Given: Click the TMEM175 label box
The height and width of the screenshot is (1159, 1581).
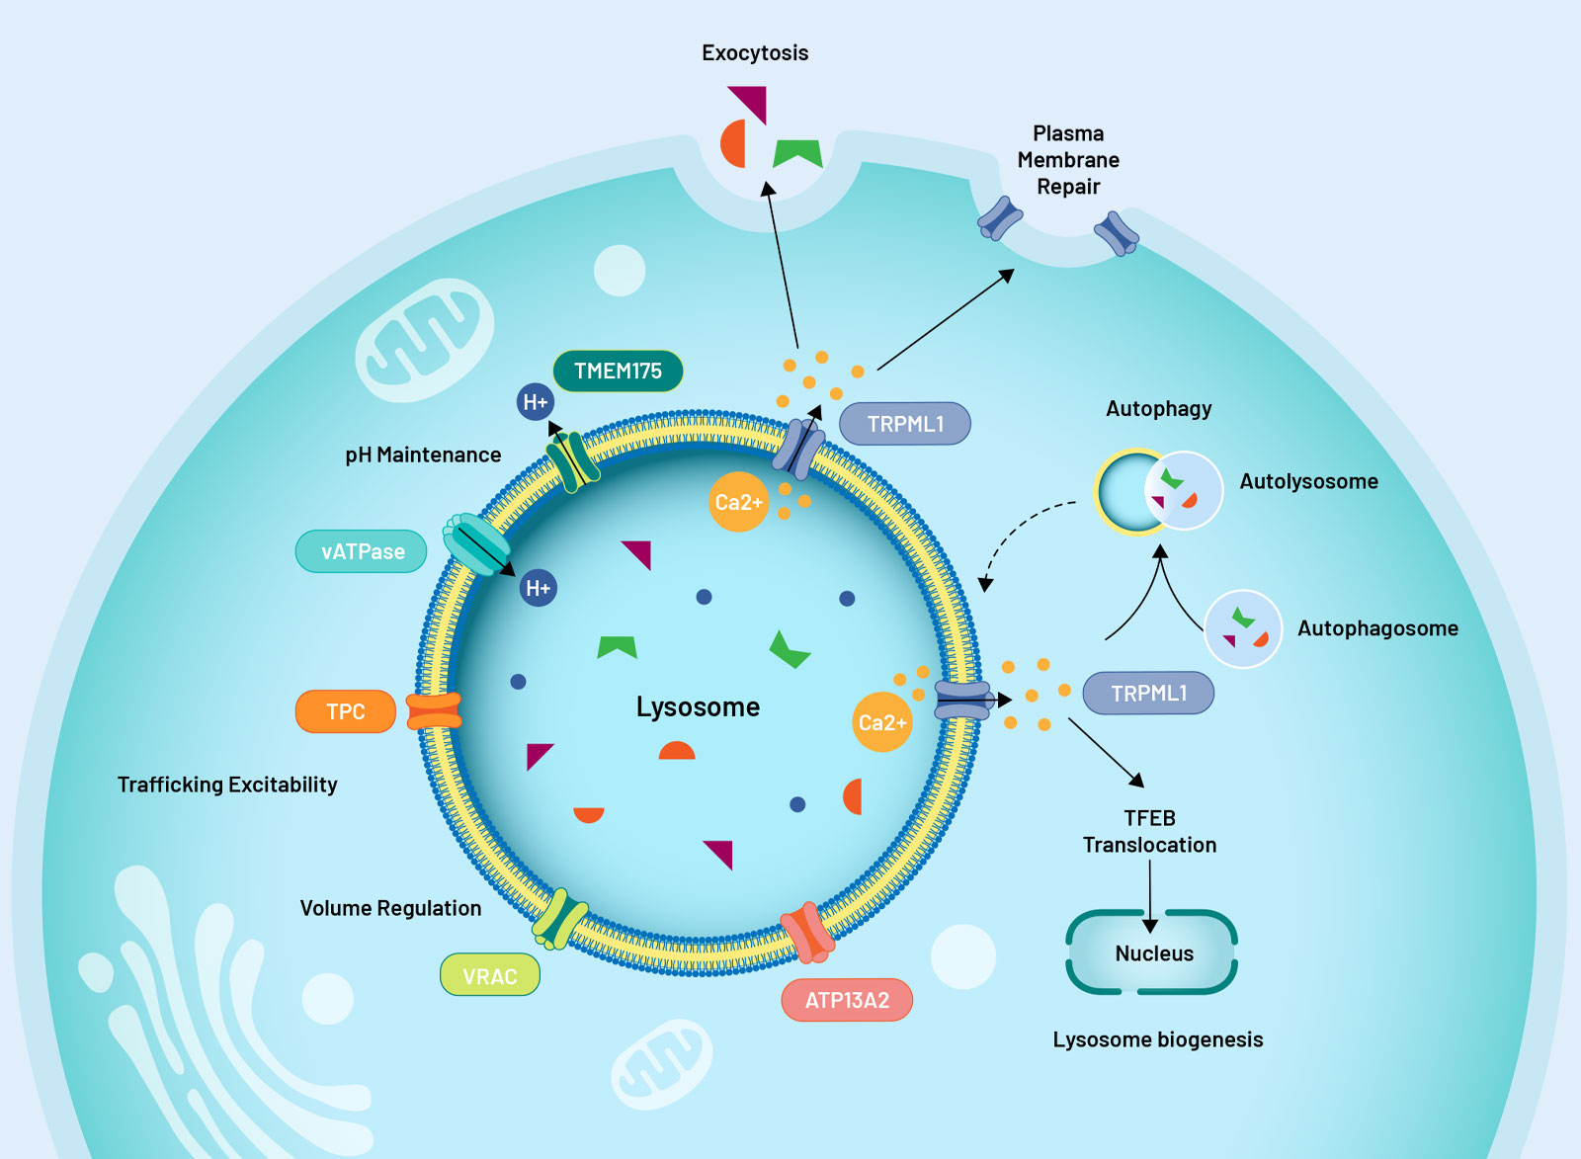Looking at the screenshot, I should tap(618, 372).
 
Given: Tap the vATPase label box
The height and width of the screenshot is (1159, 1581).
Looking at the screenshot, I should tap(362, 551).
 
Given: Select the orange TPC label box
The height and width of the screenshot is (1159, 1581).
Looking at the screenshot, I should tap(345, 711).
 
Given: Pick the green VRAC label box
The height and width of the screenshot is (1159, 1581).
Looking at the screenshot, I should tap(489, 976).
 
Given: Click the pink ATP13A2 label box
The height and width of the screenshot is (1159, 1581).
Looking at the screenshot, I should tap(847, 1000).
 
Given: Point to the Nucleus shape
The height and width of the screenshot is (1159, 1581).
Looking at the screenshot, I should tap(1152, 952).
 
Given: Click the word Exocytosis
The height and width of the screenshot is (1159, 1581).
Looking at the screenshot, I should tap(755, 53).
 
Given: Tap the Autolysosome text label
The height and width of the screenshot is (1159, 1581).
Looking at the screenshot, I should tap(1308, 481).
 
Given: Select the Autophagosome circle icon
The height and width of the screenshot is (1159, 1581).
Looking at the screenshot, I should tap(1243, 628).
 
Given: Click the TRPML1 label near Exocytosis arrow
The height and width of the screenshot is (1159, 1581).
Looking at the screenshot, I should tap(905, 424).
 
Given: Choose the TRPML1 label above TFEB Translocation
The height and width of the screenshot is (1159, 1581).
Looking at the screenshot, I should tap(1148, 694).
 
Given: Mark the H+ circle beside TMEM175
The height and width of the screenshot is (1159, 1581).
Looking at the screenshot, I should tap(536, 402).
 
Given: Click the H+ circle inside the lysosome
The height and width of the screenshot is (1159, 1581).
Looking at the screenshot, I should tap(539, 588).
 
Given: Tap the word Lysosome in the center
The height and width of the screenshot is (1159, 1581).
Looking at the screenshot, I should tap(698, 706).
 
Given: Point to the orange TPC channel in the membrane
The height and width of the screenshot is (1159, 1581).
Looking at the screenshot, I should tap(435, 711).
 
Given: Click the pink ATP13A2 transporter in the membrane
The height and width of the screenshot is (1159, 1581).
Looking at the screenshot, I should tap(807, 933).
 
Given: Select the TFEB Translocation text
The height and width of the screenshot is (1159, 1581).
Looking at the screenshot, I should tap(1149, 831).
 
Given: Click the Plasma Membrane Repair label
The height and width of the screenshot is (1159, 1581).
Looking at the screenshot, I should tap(1068, 160).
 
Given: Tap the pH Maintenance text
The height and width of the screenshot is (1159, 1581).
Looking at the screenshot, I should tap(423, 455).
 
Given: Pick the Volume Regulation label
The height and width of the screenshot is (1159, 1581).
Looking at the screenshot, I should tap(390, 908).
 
